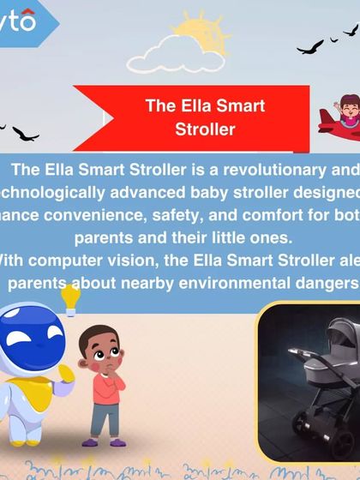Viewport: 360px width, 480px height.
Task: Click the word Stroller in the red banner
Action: pyautogui.click(x=204, y=130)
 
